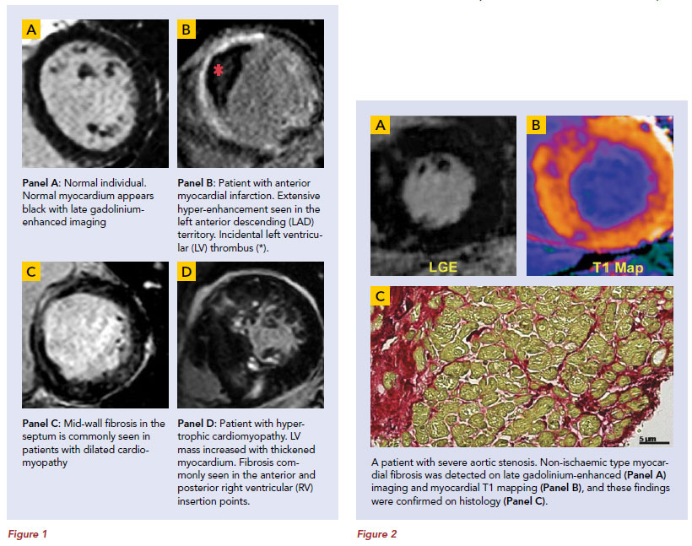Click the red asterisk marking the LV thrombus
218,70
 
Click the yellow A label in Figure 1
31,30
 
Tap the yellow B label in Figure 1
187,30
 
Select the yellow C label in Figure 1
31,271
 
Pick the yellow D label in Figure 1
187,271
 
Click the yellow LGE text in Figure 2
443,267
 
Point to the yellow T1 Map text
618,268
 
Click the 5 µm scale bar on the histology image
655,442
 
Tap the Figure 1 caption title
27,534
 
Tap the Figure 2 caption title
377,534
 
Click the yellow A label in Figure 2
380,126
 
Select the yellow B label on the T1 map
536,126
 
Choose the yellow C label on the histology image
380,295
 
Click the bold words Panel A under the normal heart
41,183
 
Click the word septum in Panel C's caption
38,437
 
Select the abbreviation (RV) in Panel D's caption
303,488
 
